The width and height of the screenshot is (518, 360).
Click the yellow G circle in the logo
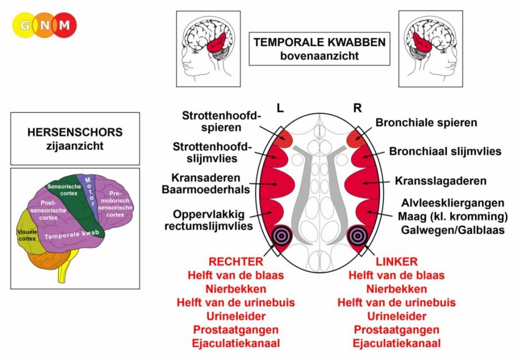pyautogui.click(x=25, y=25)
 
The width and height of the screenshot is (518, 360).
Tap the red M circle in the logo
pyautogui.click(x=64, y=25)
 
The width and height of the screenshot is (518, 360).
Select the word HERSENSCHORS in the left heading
pyautogui.click(x=75, y=132)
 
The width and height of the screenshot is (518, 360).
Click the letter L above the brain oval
pyautogui.click(x=280, y=108)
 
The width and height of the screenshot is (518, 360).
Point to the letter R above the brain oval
pyautogui.click(x=357, y=108)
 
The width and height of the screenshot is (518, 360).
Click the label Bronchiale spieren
pyautogui.click(x=426, y=123)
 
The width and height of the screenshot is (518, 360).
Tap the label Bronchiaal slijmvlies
pyautogui.click(x=445, y=151)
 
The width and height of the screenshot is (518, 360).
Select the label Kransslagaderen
pyautogui.click(x=441, y=181)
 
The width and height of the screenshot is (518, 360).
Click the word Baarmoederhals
pyautogui.click(x=205, y=190)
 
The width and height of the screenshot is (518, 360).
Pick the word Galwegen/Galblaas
pyautogui.click(x=452, y=230)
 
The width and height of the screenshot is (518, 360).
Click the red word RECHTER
pyautogui.click(x=236, y=262)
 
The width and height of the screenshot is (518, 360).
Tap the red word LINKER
pyautogui.click(x=397, y=262)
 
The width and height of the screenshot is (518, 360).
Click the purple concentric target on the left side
pyautogui.click(x=281, y=236)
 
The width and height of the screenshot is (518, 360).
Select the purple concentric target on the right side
pyautogui.click(x=357, y=236)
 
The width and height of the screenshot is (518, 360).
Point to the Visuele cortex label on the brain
pyautogui.click(x=26, y=235)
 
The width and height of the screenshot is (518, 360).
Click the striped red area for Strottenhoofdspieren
pyautogui.click(x=283, y=137)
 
